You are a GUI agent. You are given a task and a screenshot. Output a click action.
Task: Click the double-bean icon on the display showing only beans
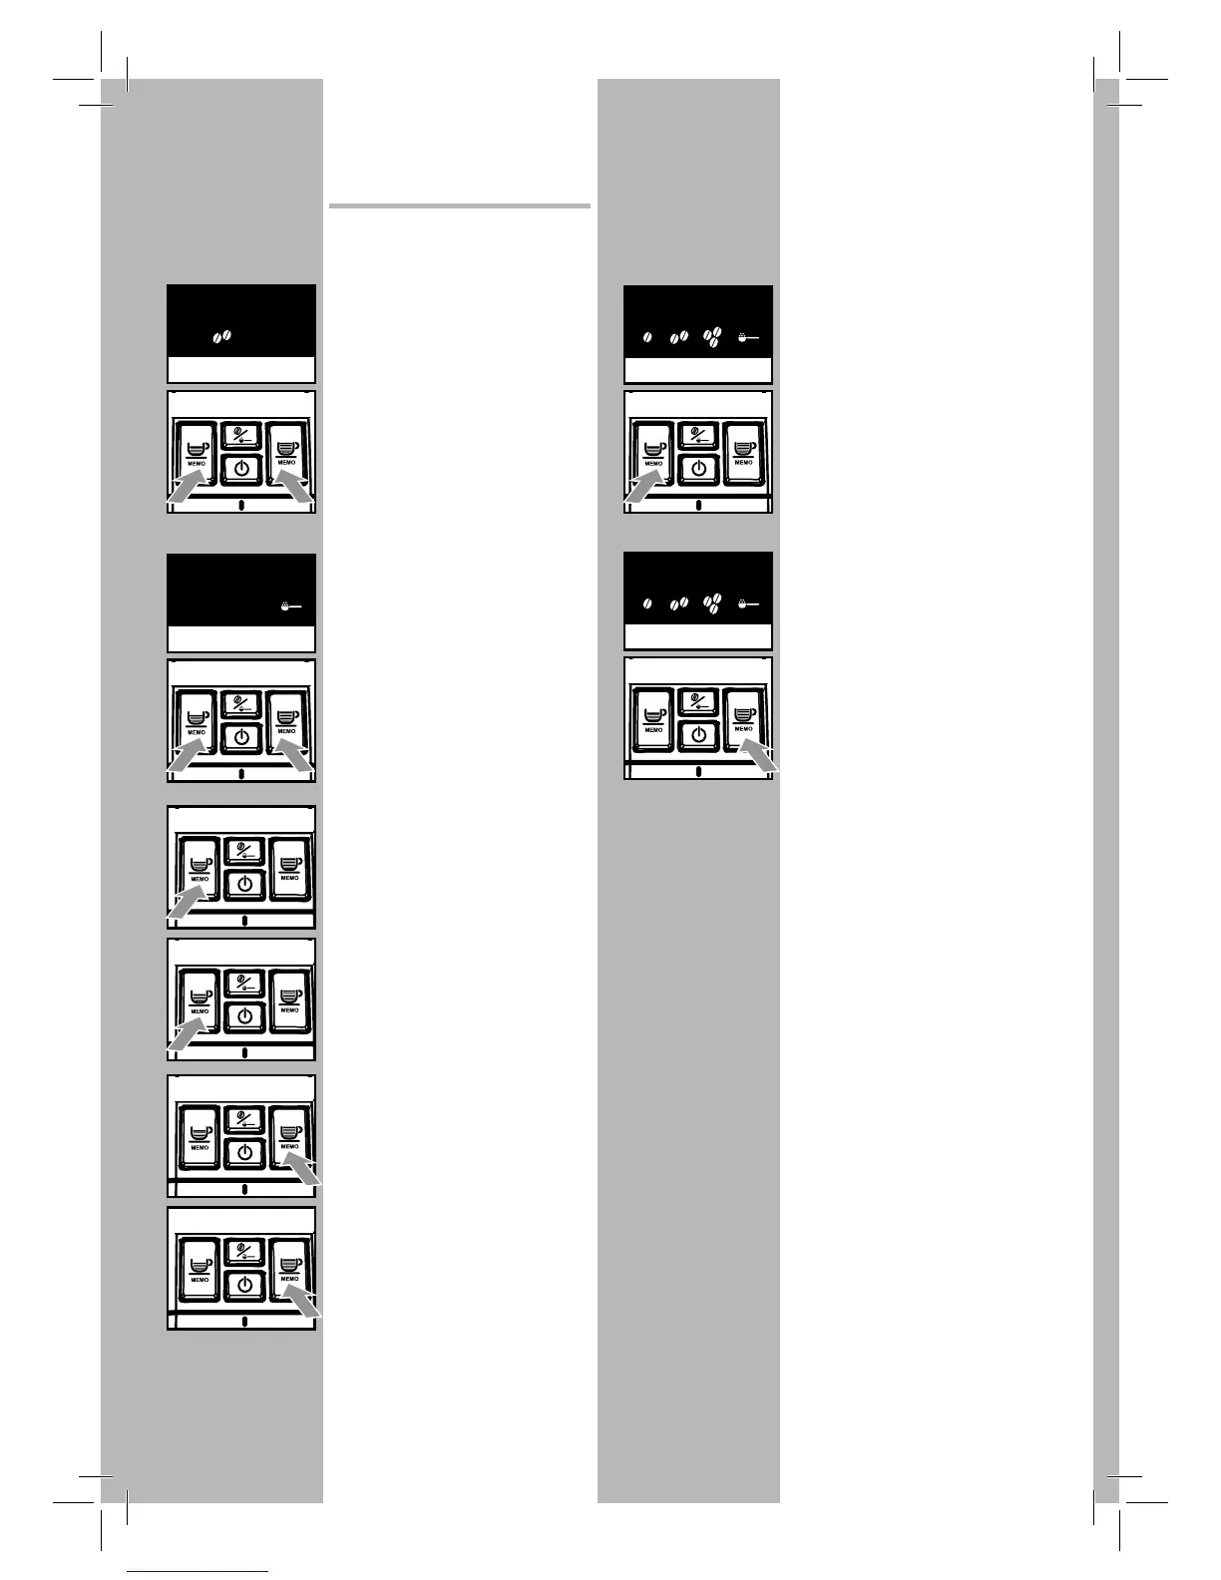pyautogui.click(x=221, y=337)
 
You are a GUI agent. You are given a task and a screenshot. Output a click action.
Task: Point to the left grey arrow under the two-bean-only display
pyautogui.click(x=185, y=491)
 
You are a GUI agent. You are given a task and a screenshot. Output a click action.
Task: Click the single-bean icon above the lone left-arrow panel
pyautogui.click(x=648, y=338)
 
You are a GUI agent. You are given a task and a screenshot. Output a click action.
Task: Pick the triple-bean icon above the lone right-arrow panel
pyautogui.click(x=712, y=602)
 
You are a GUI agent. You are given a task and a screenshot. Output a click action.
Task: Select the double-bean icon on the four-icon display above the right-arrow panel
pyautogui.click(x=679, y=603)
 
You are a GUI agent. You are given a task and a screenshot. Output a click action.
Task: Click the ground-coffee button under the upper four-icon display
pyautogui.click(x=698, y=435)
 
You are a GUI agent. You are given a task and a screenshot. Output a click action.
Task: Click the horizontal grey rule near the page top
pyautogui.click(x=459, y=206)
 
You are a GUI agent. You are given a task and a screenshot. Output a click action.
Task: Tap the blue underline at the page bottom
pyautogui.click(x=198, y=1572)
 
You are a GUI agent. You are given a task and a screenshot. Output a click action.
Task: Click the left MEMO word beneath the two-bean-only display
pyautogui.click(x=196, y=463)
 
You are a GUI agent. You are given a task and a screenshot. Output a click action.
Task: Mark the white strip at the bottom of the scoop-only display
pyautogui.click(x=241, y=638)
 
